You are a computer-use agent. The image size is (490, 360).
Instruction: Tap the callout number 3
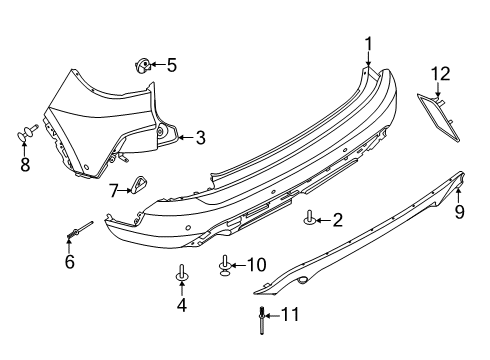(x=200, y=138)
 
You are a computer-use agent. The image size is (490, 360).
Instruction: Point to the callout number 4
(x=181, y=305)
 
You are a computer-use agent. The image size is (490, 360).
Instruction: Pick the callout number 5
(x=171, y=66)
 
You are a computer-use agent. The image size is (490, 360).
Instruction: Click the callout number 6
(x=69, y=262)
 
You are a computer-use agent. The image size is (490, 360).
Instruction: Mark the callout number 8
(x=25, y=162)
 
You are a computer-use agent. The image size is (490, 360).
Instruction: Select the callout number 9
(x=459, y=212)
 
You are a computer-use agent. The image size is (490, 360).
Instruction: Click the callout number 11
(x=289, y=343)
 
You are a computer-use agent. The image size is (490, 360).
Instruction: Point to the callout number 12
(x=441, y=72)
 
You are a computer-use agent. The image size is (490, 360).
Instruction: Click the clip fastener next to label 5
(x=143, y=67)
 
